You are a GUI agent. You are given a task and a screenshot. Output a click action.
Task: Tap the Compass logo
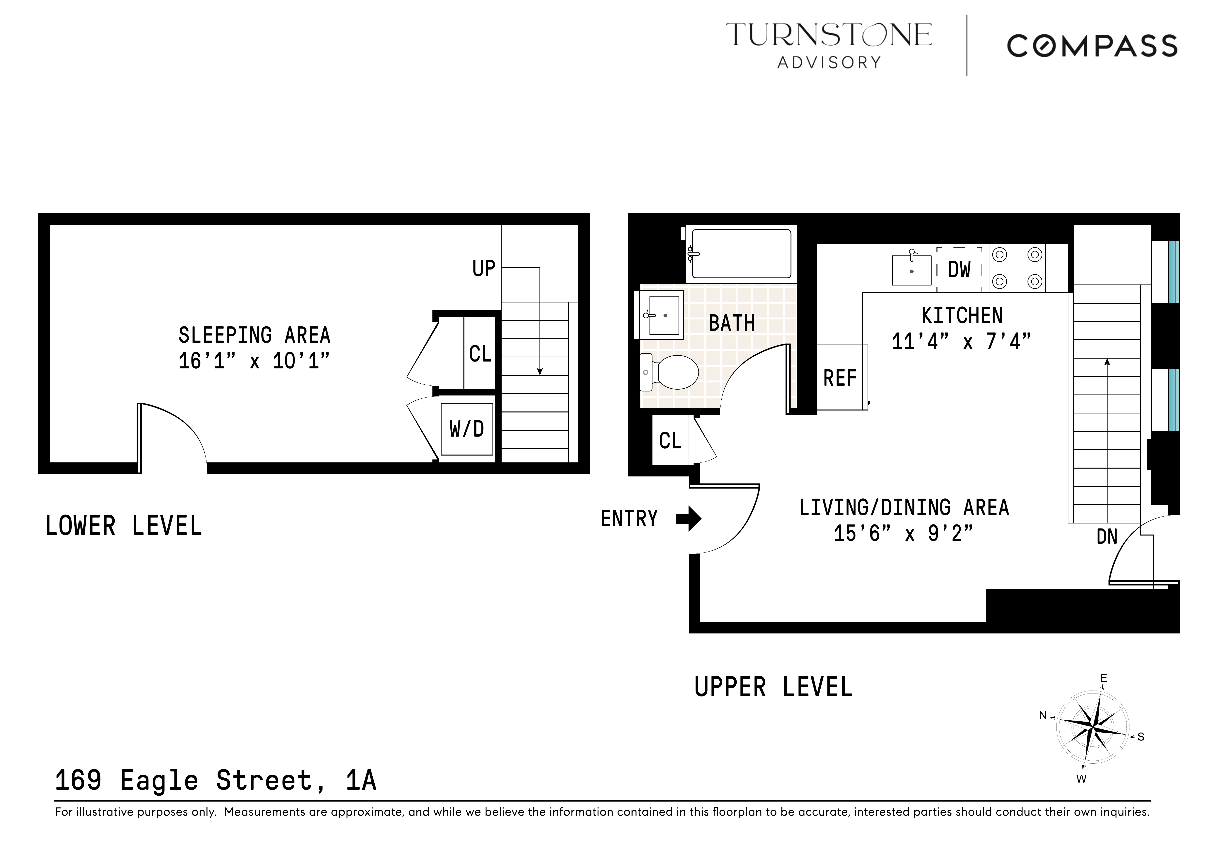1092,46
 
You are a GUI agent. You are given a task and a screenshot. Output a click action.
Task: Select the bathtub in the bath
741,254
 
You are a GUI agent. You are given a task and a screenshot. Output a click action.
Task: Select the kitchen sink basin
912,270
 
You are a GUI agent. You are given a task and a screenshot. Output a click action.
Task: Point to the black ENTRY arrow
688,519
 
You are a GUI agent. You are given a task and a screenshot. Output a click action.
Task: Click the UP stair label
483,268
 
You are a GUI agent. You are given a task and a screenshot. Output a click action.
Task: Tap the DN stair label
1107,537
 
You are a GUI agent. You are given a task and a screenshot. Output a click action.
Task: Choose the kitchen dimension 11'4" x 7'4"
962,342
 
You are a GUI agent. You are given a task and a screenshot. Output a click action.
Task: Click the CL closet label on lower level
480,354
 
